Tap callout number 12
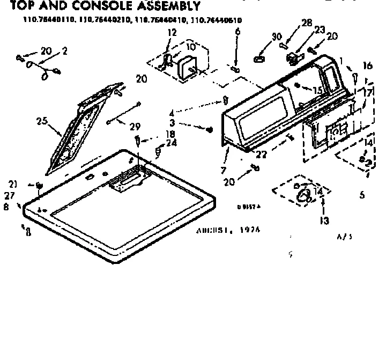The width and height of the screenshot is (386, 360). [x=172, y=33]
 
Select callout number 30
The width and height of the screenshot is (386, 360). [x=277, y=36]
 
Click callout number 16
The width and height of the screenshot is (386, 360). [x=367, y=66]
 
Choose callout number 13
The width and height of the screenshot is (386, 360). [x=324, y=220]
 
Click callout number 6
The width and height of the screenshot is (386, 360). [x=237, y=32]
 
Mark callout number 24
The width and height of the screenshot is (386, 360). [x=172, y=143]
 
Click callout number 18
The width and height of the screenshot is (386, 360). [x=155, y=134]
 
